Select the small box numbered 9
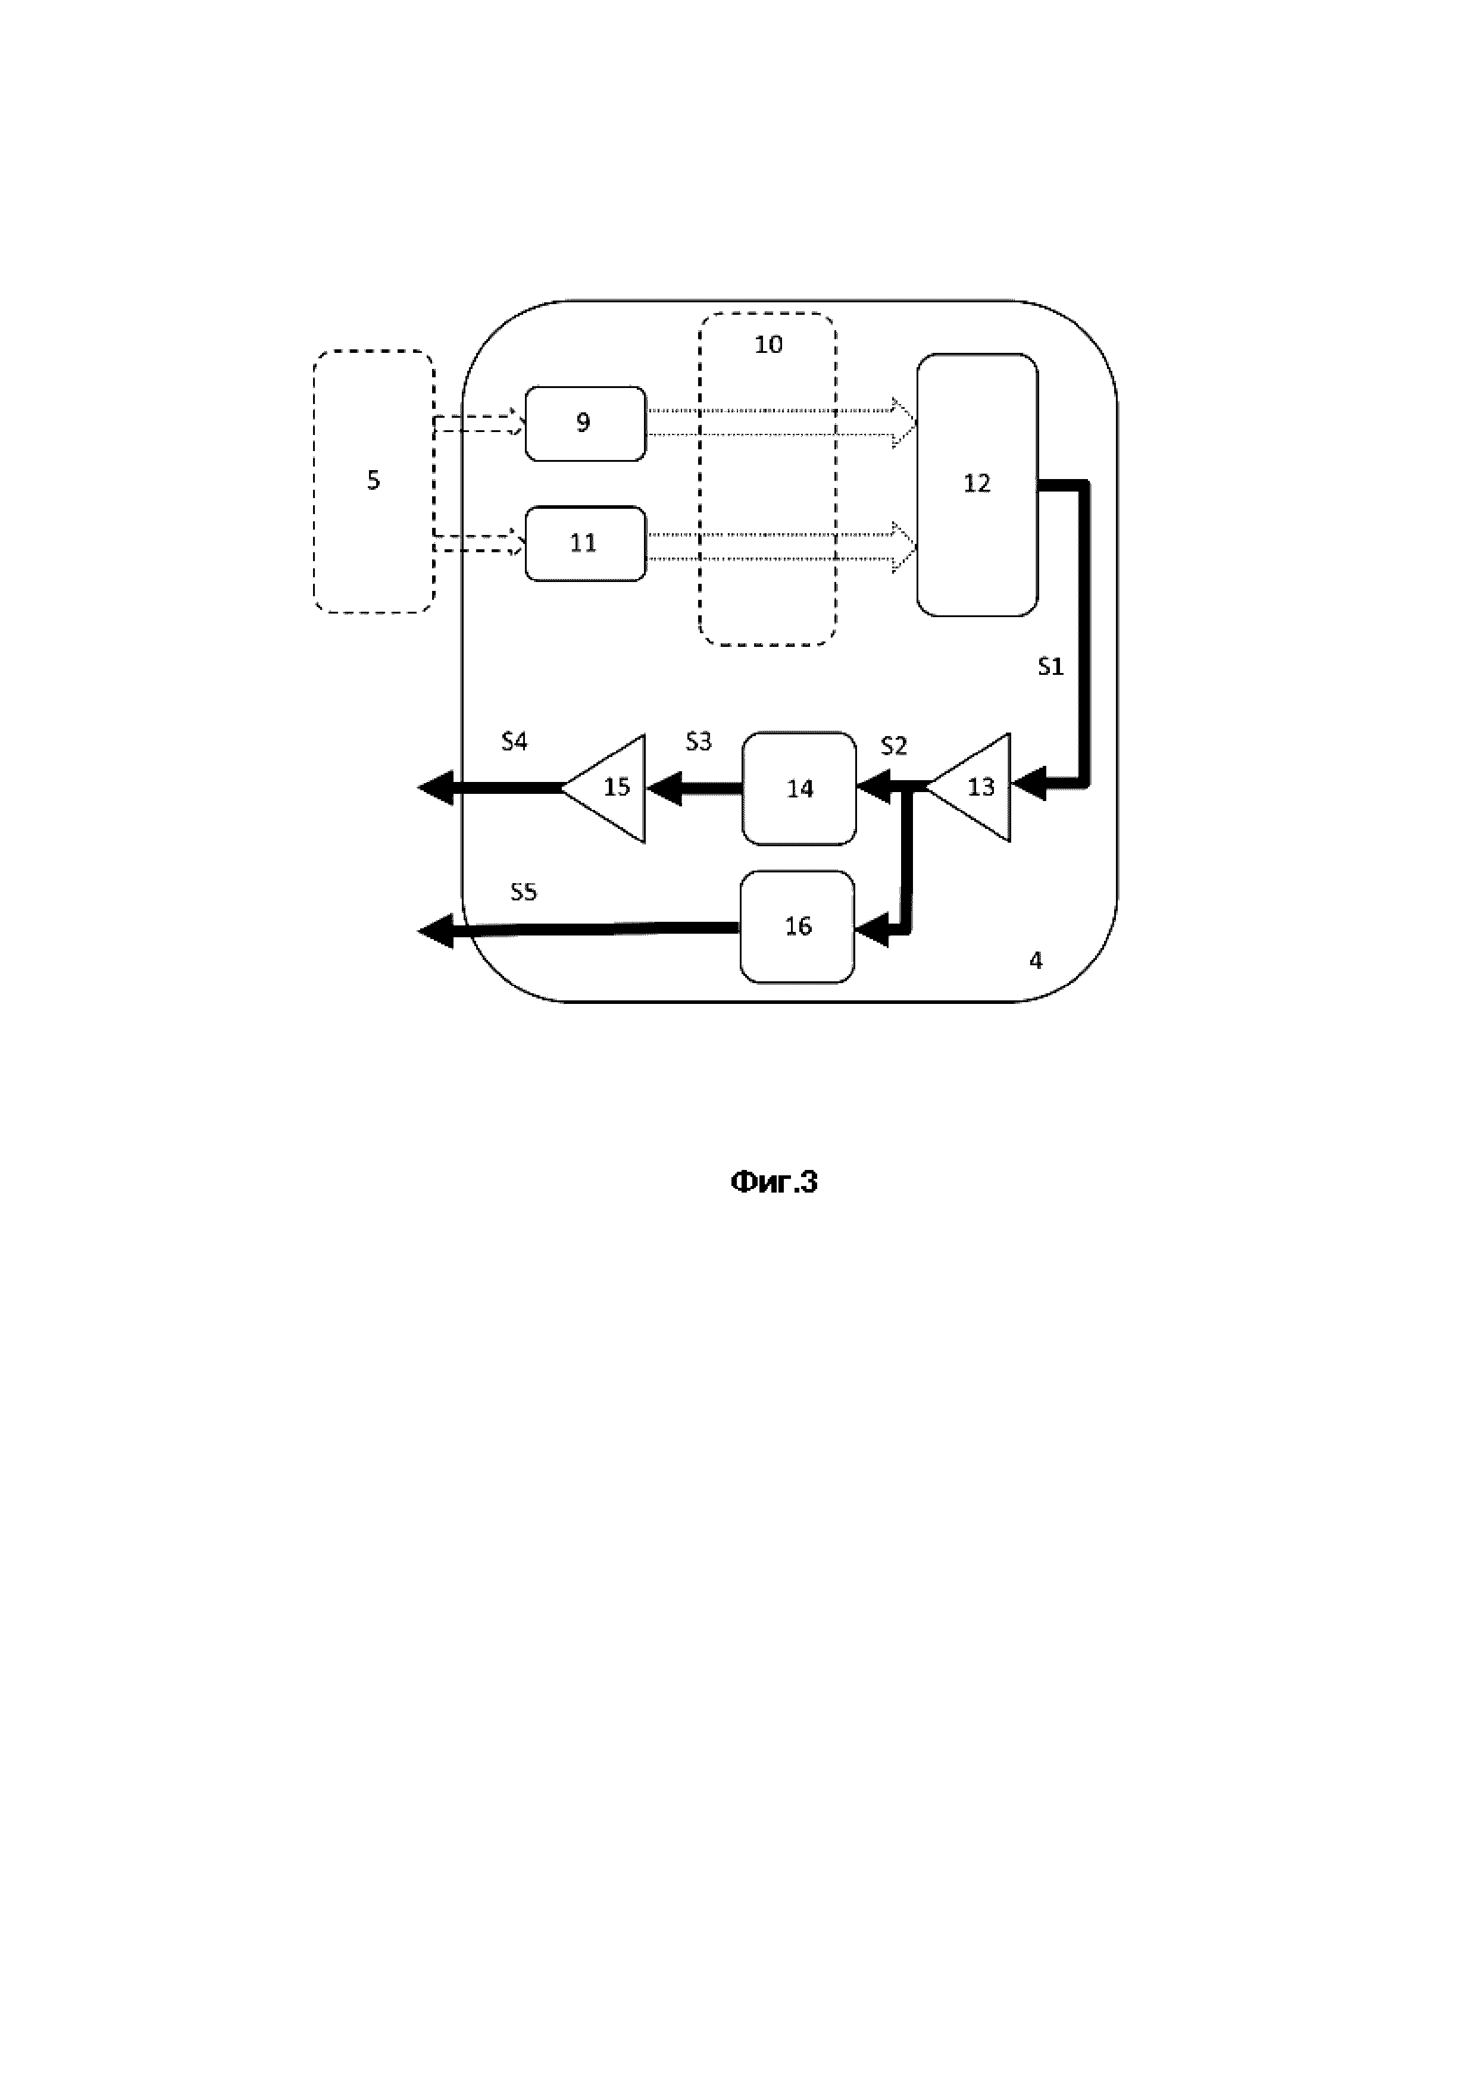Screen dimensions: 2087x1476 [x=585, y=424]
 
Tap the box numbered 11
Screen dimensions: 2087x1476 [x=585, y=543]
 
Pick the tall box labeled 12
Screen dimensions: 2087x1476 [x=977, y=484]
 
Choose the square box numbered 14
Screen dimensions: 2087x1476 [x=799, y=788]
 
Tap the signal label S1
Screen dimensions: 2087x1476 [x=1050, y=667]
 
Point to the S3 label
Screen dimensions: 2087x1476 [x=698, y=741]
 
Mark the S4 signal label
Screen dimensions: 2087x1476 [x=514, y=741]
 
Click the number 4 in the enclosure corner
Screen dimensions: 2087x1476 [x=1035, y=961]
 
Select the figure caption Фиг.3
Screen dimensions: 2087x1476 [x=774, y=1182]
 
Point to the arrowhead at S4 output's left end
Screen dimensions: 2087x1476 [x=435, y=788]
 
